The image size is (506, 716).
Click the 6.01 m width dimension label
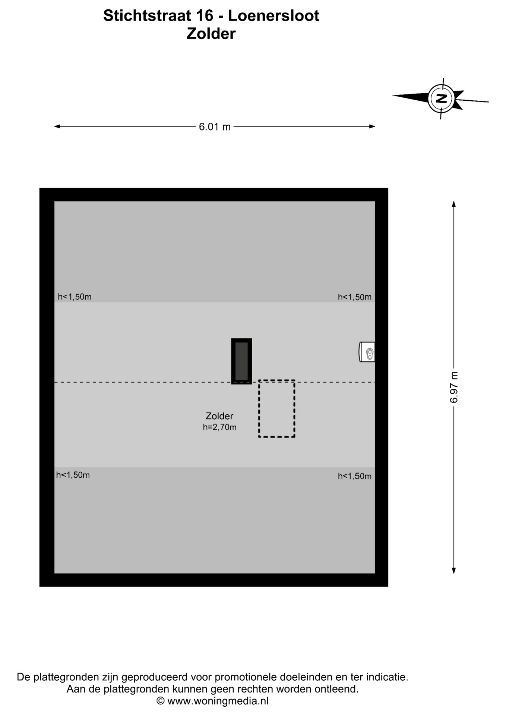tap(215, 127)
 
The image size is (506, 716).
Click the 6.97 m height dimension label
tap(454, 387)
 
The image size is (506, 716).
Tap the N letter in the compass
tap(441, 99)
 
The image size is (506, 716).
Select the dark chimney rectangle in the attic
tap(241, 361)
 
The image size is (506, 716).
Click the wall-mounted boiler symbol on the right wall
tap(367, 352)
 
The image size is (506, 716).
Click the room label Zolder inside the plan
tap(219, 416)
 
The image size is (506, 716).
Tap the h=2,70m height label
tap(219, 427)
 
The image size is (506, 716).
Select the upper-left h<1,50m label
tap(75, 297)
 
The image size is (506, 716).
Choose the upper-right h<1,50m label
tap(355, 297)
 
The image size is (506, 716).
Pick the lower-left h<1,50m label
tap(73, 475)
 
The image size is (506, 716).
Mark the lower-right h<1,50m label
tap(355, 476)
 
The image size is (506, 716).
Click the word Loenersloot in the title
tap(273, 16)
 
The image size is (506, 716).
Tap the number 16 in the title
tap(206, 16)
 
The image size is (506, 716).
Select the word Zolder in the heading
tap(211, 34)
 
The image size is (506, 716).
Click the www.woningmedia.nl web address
tap(218, 701)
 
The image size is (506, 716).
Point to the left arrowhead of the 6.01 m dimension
tap(57, 126)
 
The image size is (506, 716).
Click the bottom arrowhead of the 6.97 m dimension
tap(454, 571)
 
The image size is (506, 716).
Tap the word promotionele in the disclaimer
tap(246, 677)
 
